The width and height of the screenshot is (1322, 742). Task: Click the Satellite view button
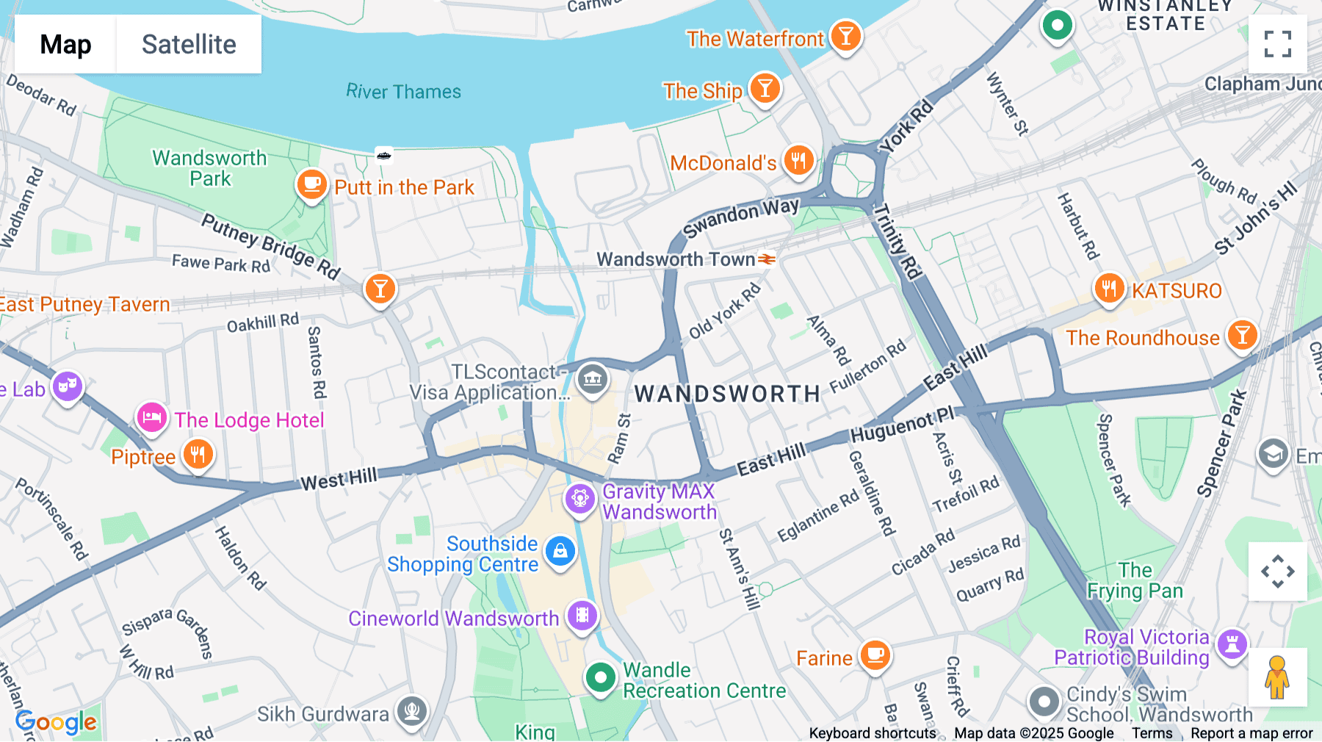pos(189,45)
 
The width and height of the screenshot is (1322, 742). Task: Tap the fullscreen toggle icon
pos(1277,44)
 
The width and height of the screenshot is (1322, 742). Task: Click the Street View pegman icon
pos(1277,677)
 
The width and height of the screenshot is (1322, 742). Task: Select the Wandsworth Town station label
pos(676,259)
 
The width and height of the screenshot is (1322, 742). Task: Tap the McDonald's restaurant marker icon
pos(798,160)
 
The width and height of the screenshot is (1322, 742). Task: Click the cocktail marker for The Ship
pos(765,89)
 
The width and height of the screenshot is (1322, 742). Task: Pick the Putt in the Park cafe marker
pos(311,184)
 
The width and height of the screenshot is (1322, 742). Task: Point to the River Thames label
pos(403,92)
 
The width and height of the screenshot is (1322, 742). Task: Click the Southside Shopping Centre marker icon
pos(560,550)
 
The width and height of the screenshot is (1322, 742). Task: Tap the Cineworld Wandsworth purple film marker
pos(582,616)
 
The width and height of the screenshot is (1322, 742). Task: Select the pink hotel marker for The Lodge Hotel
pos(152,418)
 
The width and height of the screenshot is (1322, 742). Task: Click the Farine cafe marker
pos(875,655)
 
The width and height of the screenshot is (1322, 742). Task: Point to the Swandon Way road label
pos(740,217)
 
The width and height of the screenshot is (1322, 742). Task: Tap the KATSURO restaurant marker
pos(1109,289)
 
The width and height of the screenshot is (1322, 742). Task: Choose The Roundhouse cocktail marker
pos(1242,335)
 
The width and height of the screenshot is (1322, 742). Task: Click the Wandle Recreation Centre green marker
pos(600,677)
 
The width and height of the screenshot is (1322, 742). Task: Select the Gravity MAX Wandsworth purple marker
pos(579,499)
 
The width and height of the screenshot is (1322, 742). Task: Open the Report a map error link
pos(1251,733)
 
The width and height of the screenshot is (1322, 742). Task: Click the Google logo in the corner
pos(56,722)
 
